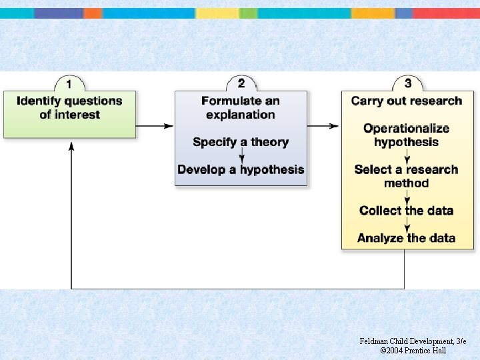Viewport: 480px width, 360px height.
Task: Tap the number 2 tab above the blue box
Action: pos(241,83)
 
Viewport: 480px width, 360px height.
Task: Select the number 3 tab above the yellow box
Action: pos(407,83)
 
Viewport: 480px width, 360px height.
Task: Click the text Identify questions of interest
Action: pos(69,108)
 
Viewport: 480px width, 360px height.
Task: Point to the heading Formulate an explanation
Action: pos(241,108)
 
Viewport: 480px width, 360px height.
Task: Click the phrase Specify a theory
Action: pos(241,142)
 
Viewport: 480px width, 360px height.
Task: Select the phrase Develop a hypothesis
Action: pos(241,169)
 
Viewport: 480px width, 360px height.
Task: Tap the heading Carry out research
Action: pos(407,101)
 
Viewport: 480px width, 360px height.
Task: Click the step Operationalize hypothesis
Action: pos(407,135)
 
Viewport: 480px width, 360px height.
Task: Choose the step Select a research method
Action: pos(407,176)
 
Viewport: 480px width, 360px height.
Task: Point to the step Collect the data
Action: pos(407,211)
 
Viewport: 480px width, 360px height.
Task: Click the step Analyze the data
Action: pos(407,238)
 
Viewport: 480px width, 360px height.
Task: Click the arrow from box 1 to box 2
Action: pos(155,125)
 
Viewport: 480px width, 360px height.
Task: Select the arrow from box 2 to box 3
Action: pos(324,125)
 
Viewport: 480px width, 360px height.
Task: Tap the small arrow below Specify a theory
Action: pos(241,156)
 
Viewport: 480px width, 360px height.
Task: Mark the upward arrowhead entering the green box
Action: pos(71,146)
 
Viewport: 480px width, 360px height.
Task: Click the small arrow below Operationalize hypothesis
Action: pos(407,157)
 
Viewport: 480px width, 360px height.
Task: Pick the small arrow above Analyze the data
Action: pos(407,225)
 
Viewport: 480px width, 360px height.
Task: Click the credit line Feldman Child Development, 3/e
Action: pos(413,341)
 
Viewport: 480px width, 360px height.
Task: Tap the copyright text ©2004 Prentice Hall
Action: pos(413,351)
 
